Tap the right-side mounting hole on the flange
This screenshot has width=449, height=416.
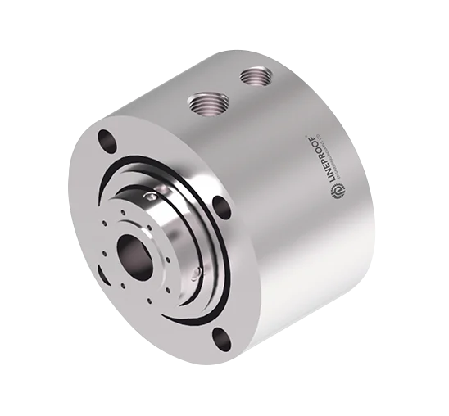[x=219, y=205]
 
